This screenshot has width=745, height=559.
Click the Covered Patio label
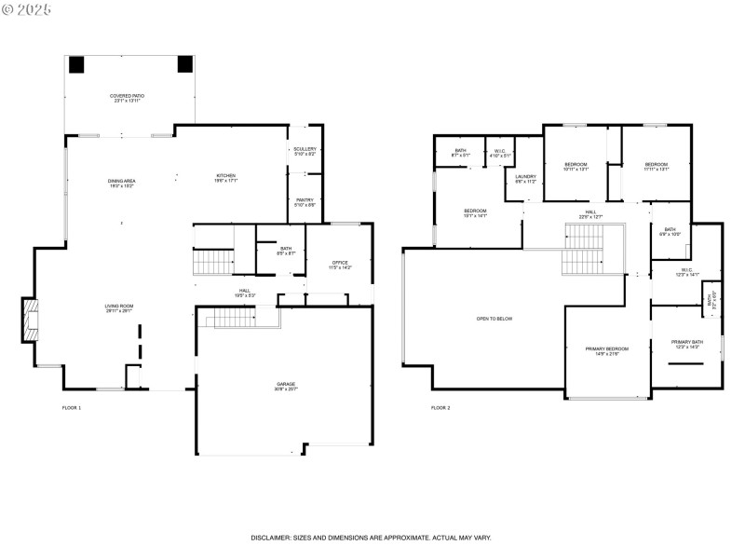point(127,98)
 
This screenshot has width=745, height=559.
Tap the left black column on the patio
point(76,64)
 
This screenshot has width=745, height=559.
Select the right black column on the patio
point(184,64)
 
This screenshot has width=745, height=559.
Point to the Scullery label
point(305,150)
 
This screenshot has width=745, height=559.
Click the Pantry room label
point(305,202)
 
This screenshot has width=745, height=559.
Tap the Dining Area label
point(121,184)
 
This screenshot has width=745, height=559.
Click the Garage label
point(285,386)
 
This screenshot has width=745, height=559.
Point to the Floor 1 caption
point(72,408)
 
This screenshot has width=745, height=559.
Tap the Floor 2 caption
point(440,408)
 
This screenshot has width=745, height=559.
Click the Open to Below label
point(494,319)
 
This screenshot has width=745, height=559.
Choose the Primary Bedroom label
point(606,351)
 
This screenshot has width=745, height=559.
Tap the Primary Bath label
point(687,344)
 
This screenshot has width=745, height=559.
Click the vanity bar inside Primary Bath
point(687,363)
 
